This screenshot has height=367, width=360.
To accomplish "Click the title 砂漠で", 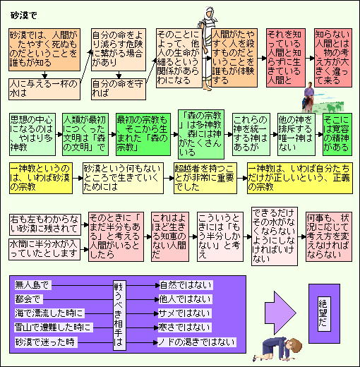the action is coord(24,16).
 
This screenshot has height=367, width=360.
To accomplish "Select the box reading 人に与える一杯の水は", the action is coord(44,89).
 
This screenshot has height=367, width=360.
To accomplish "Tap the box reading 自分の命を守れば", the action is coord(119,89).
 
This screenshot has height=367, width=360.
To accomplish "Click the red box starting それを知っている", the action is coord(286,58).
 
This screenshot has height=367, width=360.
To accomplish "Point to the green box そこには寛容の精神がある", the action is coord(337,134).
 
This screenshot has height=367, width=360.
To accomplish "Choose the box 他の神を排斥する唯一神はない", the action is coord(296,134).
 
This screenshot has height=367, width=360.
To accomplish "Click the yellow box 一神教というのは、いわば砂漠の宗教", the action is coord(41,178).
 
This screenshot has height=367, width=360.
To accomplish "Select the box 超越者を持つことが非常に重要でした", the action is coord(205,178).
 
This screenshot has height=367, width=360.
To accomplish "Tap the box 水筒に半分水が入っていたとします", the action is coord(44,249).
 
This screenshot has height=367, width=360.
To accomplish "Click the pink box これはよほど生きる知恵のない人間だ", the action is coord(170,236).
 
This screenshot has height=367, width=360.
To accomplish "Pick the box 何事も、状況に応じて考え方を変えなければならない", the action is coord(329,236).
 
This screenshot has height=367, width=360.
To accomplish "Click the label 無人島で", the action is coord(32,285).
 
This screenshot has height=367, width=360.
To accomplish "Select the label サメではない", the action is coord(184,313).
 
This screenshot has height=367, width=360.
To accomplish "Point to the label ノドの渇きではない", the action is coord(196,342).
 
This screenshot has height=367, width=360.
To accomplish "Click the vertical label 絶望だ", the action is coord(324,313).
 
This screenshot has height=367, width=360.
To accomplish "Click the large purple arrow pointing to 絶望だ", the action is coord(280,313).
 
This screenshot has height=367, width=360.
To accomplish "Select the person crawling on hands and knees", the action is coord(277,349).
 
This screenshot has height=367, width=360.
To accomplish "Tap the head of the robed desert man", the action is coord(209,12).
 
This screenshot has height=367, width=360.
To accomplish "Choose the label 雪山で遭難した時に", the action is coord(53,327).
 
